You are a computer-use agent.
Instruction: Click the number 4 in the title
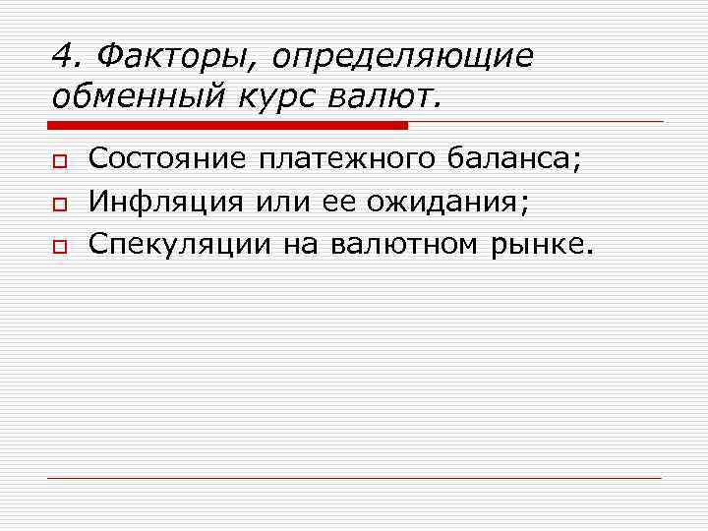coord(61,57)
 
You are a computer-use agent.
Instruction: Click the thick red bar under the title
coord(227,125)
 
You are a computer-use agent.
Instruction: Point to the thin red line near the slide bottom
coord(355,478)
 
